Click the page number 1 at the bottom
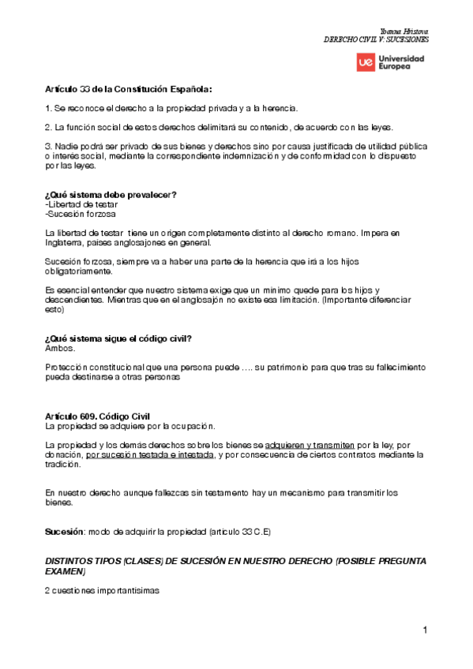(424, 630)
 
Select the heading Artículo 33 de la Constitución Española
(129, 89)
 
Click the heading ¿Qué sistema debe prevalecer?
(111, 195)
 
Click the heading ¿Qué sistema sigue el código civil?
(119, 339)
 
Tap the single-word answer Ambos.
(59, 348)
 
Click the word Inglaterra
(67, 243)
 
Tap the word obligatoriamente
(79, 271)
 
